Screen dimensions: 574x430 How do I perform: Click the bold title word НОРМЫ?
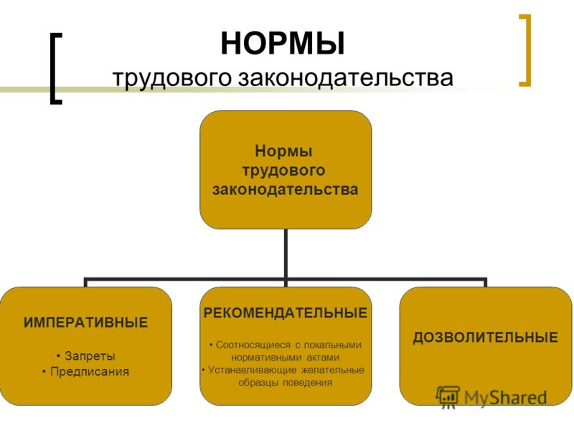click(283, 44)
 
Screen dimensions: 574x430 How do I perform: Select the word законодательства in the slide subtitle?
click(346, 78)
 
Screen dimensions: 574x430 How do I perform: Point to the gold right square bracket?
click(525, 50)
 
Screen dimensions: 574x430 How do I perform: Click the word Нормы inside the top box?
click(283, 151)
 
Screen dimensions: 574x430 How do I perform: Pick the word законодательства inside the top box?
click(285, 189)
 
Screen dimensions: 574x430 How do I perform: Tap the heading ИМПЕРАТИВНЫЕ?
click(85, 322)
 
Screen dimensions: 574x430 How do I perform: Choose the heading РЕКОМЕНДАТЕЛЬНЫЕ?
click(285, 313)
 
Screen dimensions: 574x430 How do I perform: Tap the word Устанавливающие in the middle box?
click(253, 370)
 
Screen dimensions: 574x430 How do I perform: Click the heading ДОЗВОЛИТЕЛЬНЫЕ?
click(486, 338)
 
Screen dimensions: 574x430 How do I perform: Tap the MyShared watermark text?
click(505, 398)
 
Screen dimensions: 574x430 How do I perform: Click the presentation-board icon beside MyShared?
click(448, 397)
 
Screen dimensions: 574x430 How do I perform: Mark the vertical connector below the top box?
click(286, 254)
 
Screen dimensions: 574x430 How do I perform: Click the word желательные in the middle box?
click(332, 370)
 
